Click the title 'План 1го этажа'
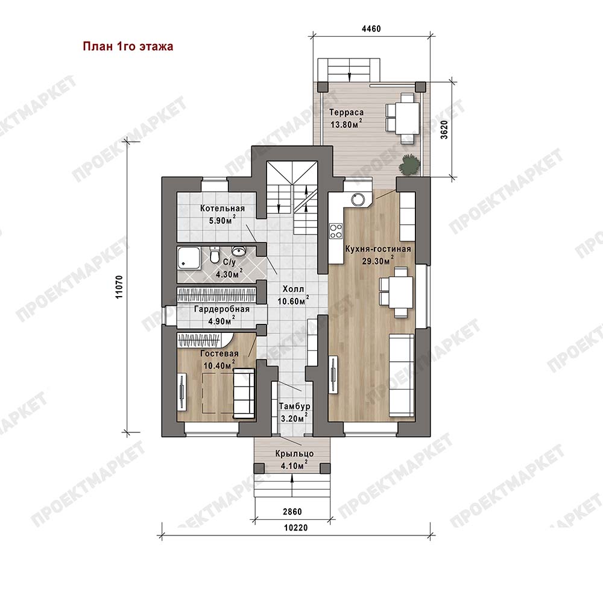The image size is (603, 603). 128,46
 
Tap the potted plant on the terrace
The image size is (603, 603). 408,165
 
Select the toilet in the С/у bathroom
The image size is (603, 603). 215,255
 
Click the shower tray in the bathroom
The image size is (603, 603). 189,258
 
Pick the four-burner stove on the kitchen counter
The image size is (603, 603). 335,231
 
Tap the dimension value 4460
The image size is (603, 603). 371,29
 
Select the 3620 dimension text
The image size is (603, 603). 444,130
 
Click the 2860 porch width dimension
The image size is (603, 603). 292,511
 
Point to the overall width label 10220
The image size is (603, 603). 296,528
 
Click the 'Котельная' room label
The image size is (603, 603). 223,209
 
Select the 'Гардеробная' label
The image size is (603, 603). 221,309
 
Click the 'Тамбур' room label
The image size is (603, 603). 295,406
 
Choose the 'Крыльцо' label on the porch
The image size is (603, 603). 294,454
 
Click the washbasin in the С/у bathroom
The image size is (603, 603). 239,251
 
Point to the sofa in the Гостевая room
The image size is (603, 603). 244,393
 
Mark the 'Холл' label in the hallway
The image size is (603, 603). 293,289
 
